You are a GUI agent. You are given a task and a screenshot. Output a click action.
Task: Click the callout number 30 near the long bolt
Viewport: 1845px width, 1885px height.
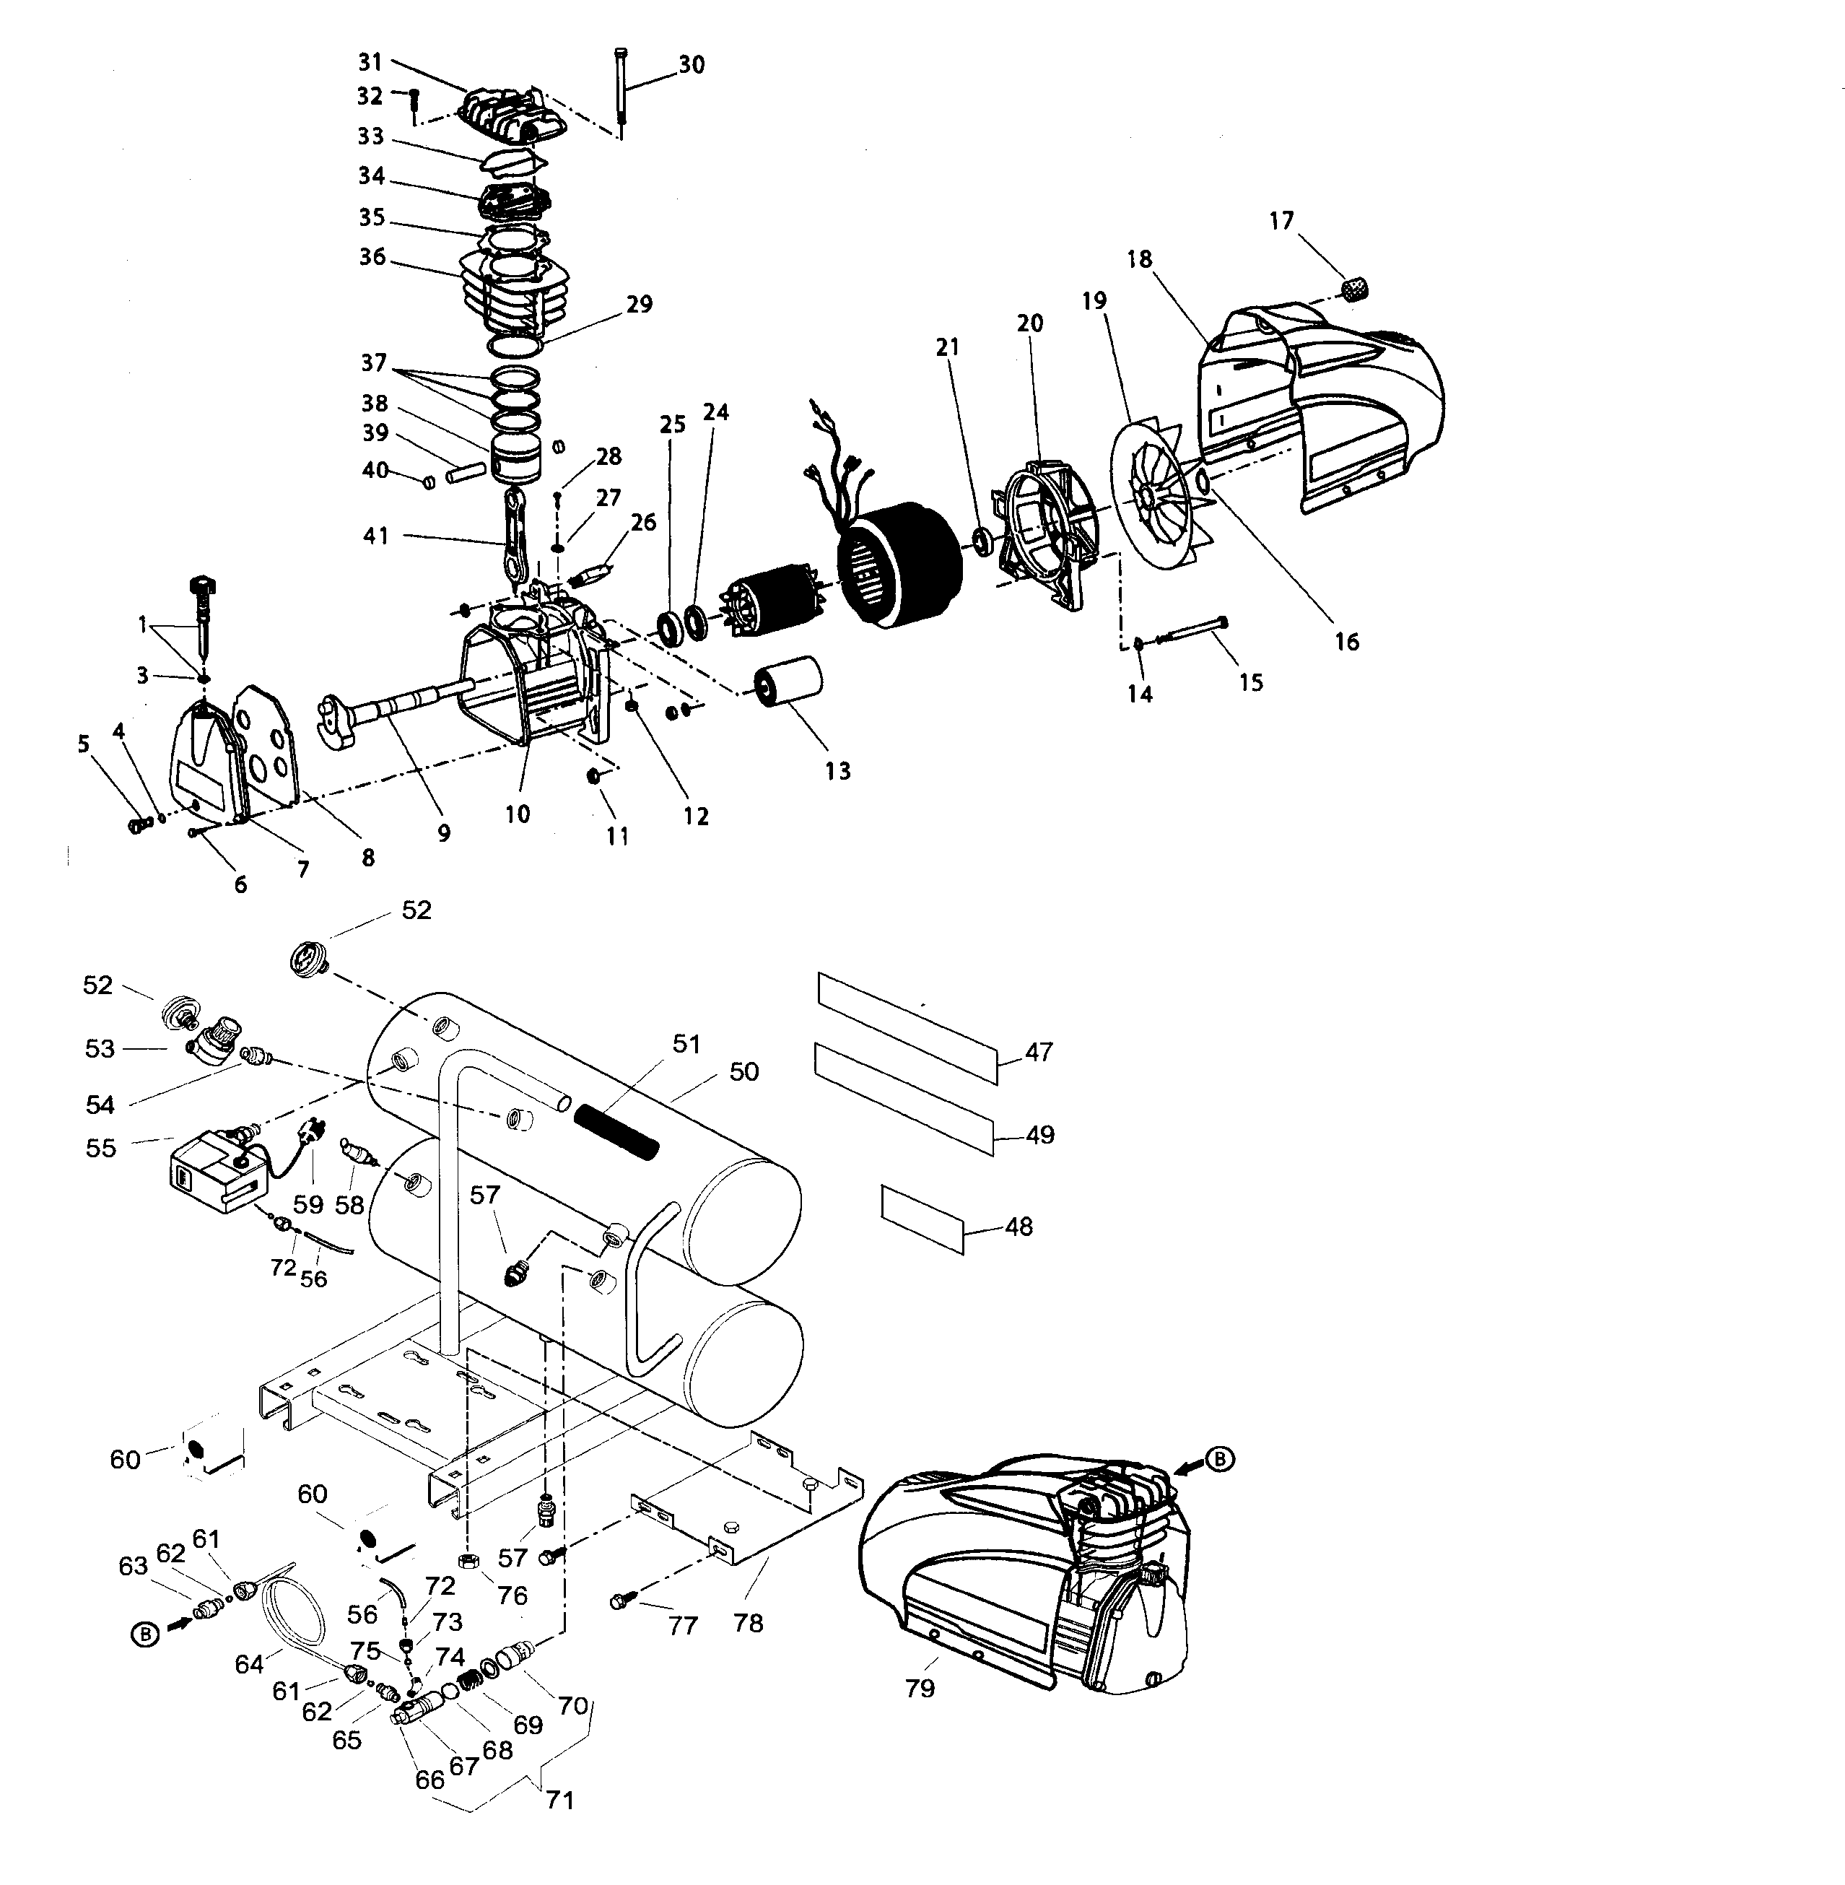(691, 65)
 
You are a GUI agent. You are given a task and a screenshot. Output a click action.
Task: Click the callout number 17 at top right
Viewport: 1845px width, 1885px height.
(1281, 221)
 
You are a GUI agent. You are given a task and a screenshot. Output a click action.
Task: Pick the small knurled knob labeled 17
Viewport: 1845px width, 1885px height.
(1356, 288)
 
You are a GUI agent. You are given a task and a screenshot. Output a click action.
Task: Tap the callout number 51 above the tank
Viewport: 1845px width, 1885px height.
(686, 1044)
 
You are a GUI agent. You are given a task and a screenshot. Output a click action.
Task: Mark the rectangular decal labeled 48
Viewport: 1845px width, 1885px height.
(922, 1217)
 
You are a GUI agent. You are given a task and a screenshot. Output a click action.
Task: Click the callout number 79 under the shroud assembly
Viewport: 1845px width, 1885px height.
(920, 1688)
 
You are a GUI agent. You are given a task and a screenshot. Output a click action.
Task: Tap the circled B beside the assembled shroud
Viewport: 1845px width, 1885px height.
(1221, 1458)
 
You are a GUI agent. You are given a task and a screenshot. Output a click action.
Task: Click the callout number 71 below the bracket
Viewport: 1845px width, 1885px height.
(560, 1801)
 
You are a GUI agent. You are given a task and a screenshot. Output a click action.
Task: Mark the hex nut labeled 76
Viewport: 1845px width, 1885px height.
(466, 1562)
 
